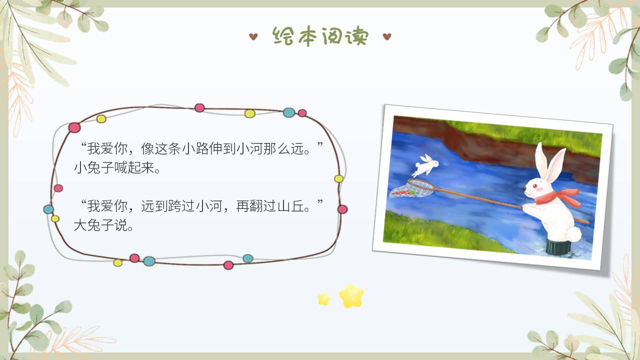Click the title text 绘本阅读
pos(320,36)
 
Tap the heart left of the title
pos(253,36)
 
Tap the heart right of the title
pos(386,36)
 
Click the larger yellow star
pos(351,296)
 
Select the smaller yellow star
pos(324,299)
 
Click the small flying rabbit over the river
pos(426,164)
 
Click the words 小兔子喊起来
pos(117,168)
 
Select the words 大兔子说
pos(103,225)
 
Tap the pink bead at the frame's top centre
pos(199,107)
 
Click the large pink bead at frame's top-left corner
pos(74,127)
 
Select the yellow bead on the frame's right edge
pos(338,178)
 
